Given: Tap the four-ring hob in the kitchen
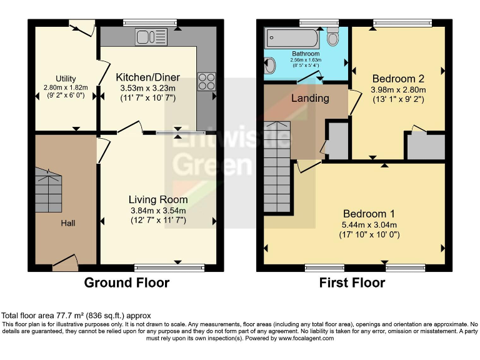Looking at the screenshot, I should point(207,82).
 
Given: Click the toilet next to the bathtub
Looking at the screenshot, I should point(334,37).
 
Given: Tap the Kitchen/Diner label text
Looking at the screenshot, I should point(147,77).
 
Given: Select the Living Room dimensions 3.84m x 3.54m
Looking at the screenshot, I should point(157,210).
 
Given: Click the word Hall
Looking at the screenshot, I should point(68,222).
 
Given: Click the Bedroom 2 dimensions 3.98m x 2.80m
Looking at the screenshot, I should point(398,89).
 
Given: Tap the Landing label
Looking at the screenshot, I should point(310,98).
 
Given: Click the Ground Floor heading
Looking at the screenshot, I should point(127,282).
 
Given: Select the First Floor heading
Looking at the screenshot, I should point(352,282).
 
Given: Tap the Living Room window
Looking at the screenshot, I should point(169,268).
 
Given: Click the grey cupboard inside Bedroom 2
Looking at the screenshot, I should point(426,146).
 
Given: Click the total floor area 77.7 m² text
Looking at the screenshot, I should point(76,316).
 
